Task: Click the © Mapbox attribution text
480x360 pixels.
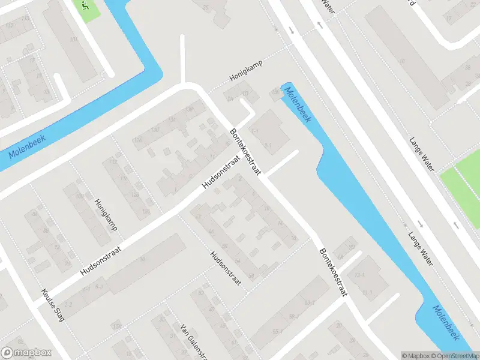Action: [416, 355]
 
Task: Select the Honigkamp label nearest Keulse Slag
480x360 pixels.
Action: [105, 215]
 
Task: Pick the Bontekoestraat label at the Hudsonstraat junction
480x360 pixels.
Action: [245, 151]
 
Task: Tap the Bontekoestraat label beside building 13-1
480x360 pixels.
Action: [334, 272]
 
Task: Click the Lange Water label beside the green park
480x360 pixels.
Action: [421, 155]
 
